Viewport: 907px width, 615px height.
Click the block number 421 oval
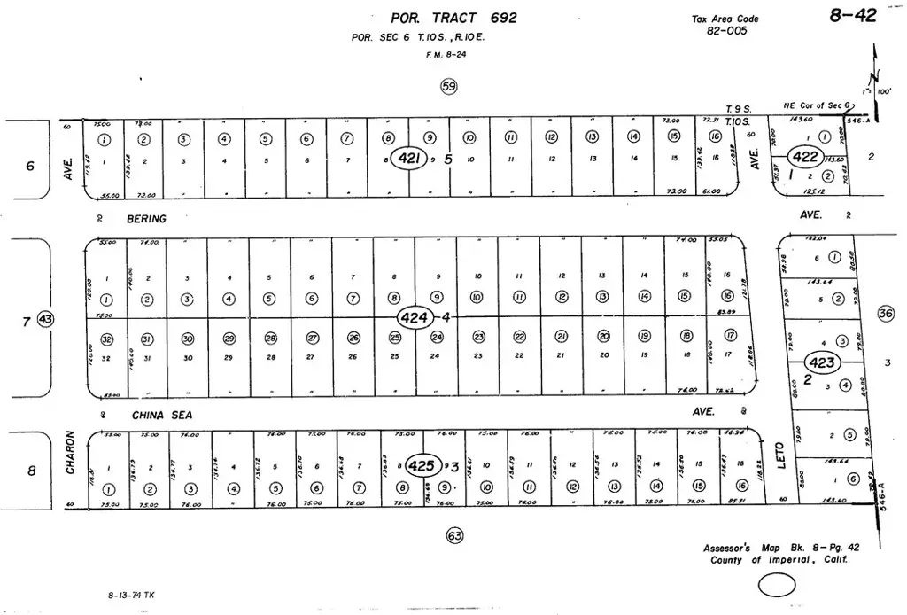pos(409,160)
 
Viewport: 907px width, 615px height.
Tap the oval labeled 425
pos(423,465)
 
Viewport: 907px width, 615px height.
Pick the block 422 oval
pos(805,157)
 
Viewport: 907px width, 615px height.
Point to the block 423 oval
pos(820,362)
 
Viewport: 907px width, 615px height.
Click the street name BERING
pos(147,218)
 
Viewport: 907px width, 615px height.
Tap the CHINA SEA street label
pos(162,415)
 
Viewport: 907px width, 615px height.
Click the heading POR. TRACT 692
pos(453,18)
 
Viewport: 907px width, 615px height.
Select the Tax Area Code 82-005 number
pos(727,31)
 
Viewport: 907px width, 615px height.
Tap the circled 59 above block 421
pos(449,86)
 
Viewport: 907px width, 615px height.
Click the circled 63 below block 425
pos(455,535)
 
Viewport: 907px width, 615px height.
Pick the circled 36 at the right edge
pos(885,313)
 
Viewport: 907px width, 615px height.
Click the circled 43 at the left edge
pos(46,320)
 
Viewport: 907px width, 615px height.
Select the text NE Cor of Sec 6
pos(818,105)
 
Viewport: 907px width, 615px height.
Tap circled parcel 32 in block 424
pos(107,339)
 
